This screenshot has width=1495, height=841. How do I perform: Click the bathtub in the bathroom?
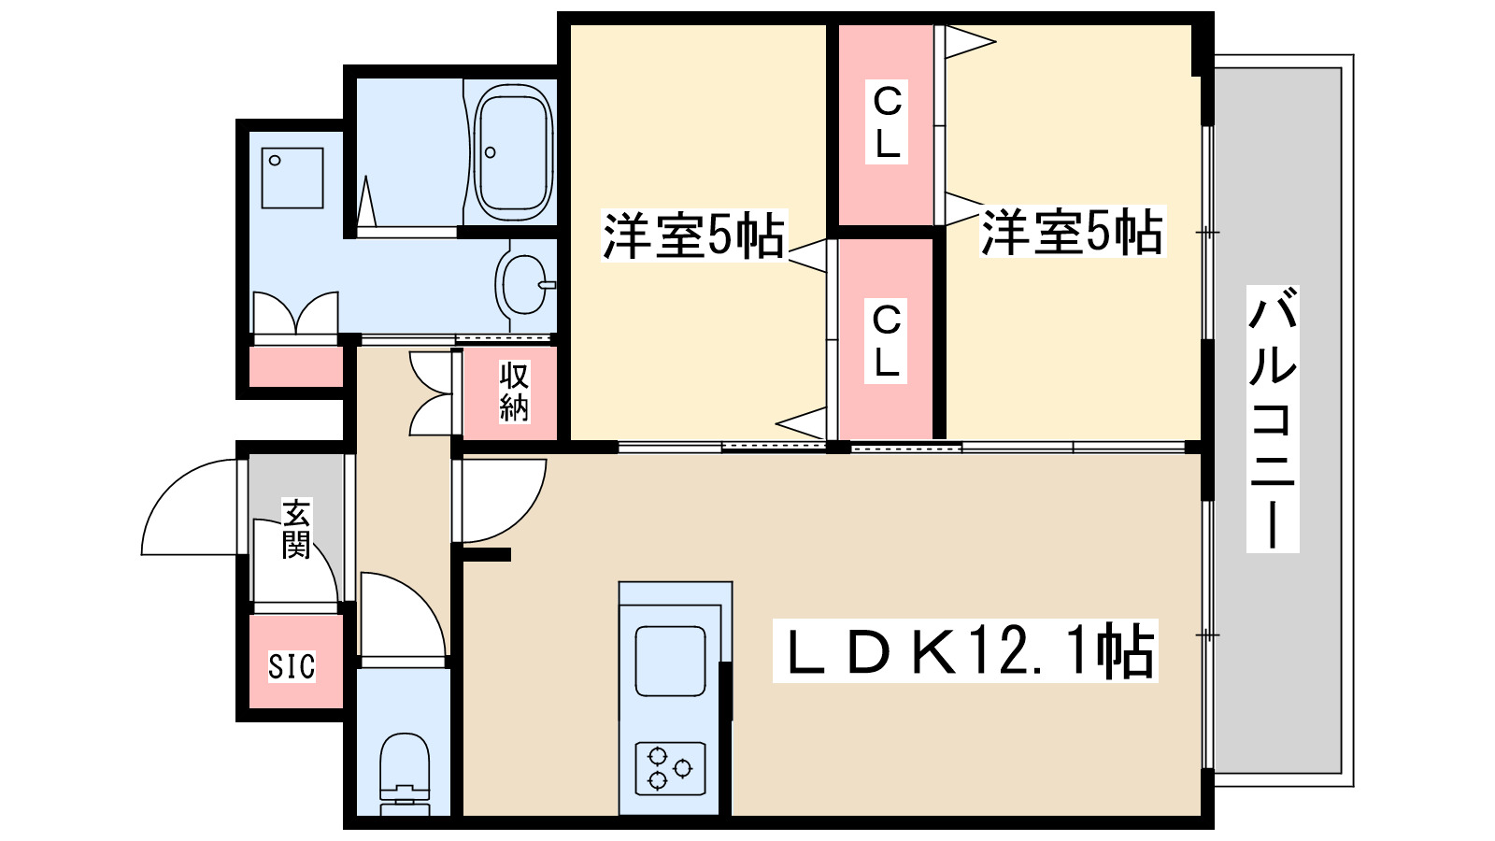[x=512, y=152]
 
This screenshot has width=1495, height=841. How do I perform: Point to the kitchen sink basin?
[x=670, y=660]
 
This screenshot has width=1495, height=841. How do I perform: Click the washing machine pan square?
[x=292, y=178]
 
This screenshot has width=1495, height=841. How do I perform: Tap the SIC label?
[x=292, y=666]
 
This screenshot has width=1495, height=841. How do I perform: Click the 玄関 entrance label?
[x=296, y=529]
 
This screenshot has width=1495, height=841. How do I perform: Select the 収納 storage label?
[x=514, y=391]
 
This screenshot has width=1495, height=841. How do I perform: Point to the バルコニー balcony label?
[x=1273, y=419]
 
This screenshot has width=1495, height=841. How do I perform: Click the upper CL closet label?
[x=887, y=122]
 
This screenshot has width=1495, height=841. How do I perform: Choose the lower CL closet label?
[x=886, y=340]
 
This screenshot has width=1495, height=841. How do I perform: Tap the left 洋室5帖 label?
[x=693, y=235]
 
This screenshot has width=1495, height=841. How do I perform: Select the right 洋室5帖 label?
[x=1072, y=231]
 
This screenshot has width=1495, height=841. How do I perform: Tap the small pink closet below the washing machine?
[x=295, y=366]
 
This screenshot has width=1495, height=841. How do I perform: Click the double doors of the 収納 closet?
[x=432, y=393]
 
